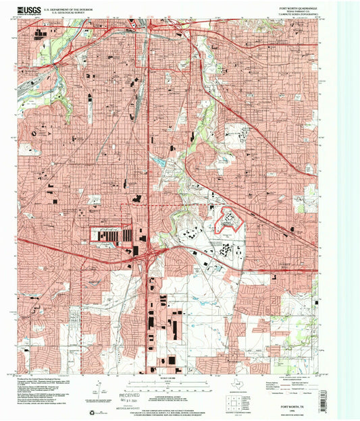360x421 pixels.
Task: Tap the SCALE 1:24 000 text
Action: click(x=166, y=375)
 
